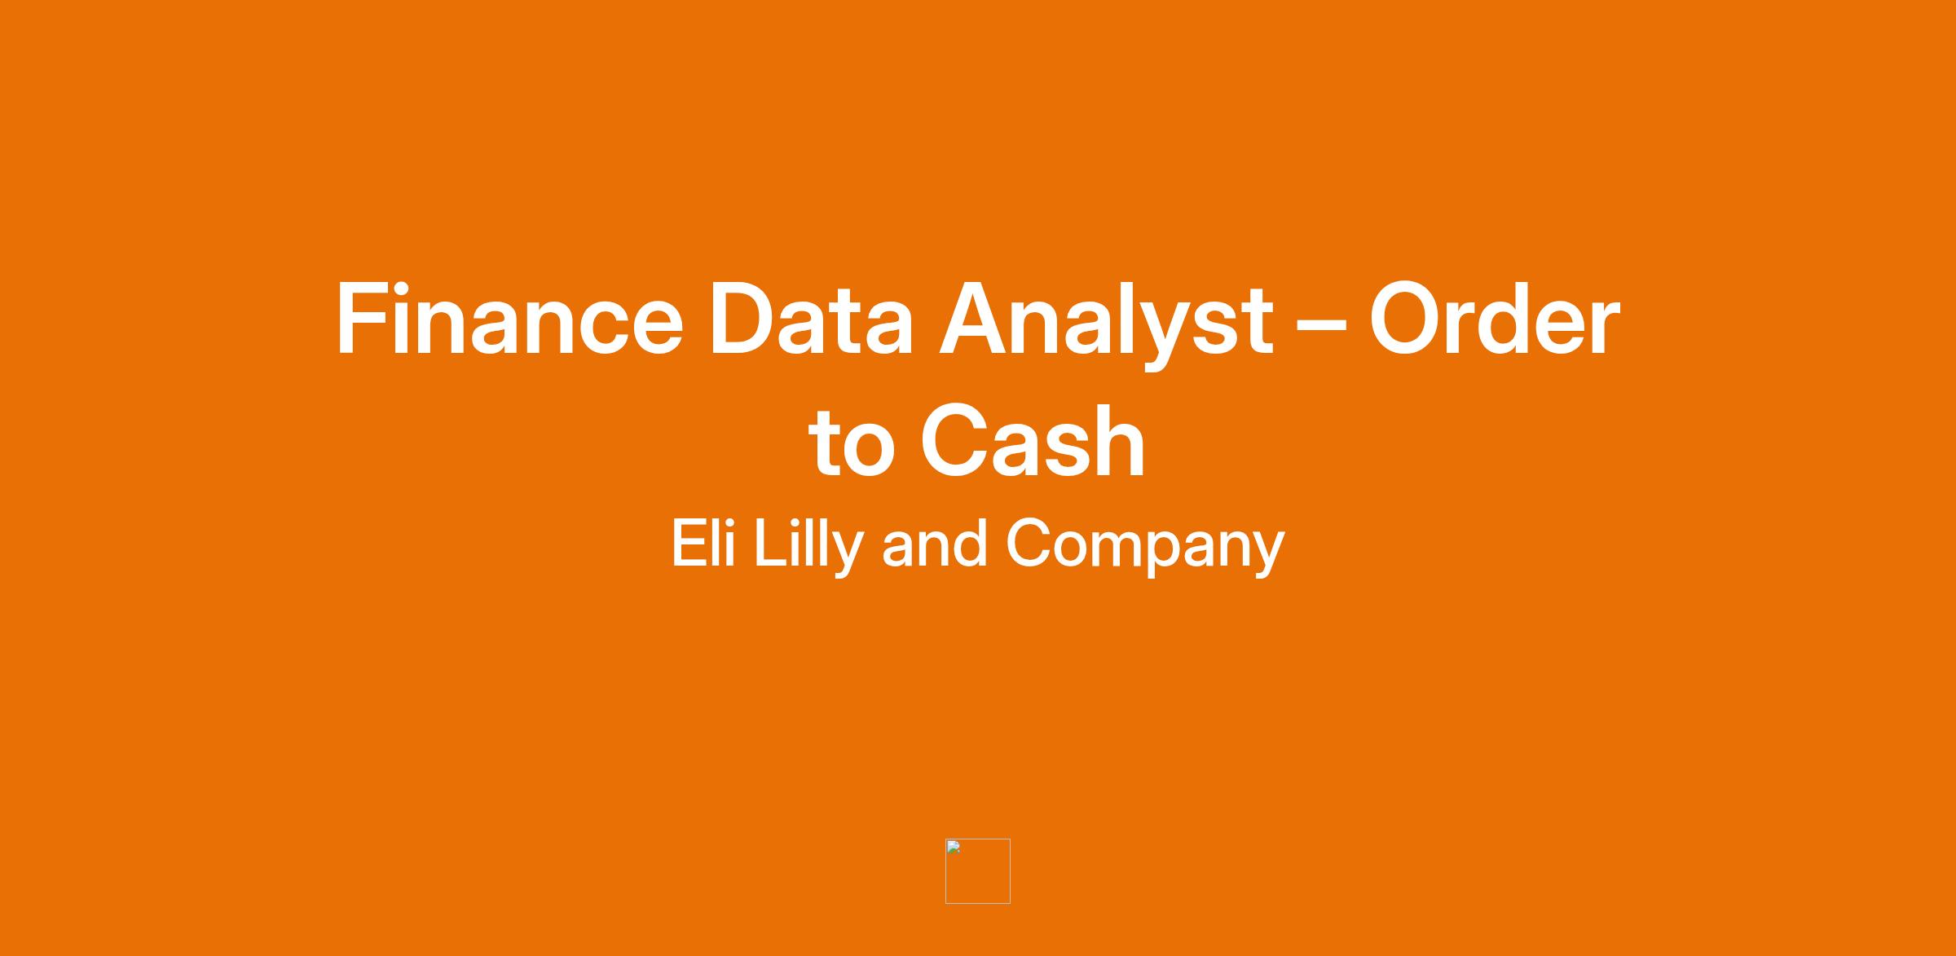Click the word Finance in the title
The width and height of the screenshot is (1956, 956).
click(x=509, y=319)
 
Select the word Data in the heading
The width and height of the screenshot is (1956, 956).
click(x=812, y=319)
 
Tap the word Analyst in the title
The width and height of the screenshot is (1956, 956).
click(x=1106, y=324)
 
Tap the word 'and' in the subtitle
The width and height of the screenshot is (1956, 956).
click(x=934, y=543)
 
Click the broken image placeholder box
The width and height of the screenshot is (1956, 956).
click(x=978, y=871)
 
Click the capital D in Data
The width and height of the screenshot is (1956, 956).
click(x=745, y=319)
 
